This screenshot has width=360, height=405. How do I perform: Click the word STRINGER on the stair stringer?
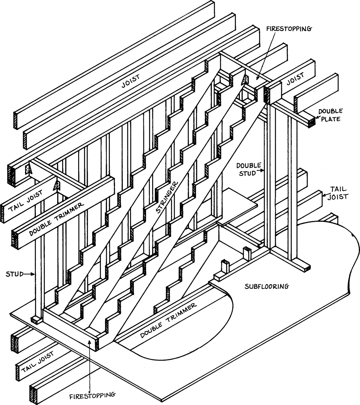point(167,199)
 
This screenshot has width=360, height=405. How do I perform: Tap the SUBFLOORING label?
point(267,286)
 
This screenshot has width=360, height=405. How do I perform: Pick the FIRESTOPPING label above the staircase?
point(288,29)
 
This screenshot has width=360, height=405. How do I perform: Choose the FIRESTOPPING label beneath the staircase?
point(92,395)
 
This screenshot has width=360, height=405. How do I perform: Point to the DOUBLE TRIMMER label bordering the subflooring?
point(169,320)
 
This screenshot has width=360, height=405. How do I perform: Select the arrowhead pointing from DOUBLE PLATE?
point(317,118)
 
